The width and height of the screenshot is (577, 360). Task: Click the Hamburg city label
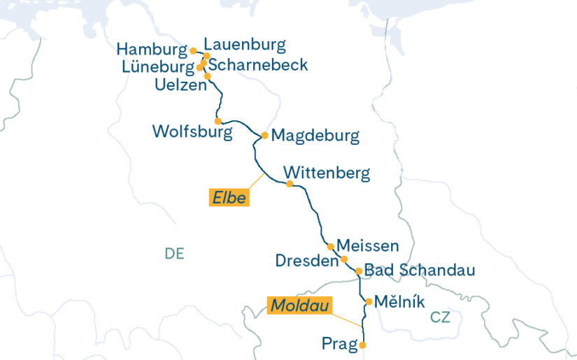tap(151, 50)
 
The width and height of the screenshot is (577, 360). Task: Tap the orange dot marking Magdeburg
tap(264, 136)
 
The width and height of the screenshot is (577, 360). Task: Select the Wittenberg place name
tap(327, 173)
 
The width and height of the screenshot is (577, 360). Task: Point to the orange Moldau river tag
tap(299, 305)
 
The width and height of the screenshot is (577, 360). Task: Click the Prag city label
tap(339, 344)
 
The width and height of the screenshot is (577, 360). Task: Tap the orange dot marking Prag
tap(362, 345)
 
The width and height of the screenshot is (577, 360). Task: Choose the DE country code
tap(174, 254)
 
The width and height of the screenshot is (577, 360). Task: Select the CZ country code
tap(440, 317)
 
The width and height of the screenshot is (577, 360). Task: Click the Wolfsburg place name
tap(192, 131)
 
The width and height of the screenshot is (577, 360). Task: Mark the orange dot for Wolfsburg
tap(218, 121)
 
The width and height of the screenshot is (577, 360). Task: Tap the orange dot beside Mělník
tap(369, 302)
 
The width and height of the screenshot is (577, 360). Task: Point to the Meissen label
tap(368, 245)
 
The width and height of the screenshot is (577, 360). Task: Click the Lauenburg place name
tap(245, 45)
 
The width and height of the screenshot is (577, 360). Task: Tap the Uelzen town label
tap(181, 85)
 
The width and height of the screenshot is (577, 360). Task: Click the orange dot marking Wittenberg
tap(290, 184)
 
